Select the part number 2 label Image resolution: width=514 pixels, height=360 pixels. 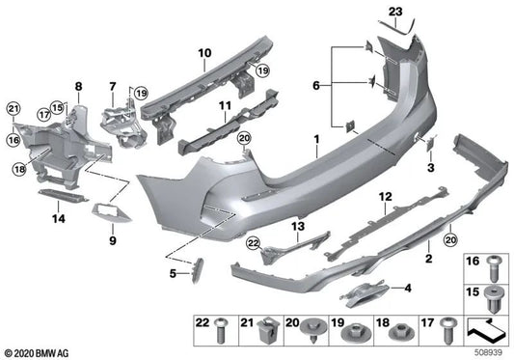[x=428, y=260]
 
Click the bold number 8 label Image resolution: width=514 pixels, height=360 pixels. [x=78, y=87]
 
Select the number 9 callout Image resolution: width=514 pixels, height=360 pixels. [x=114, y=238]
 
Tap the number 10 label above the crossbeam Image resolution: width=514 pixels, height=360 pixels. [x=204, y=52]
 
